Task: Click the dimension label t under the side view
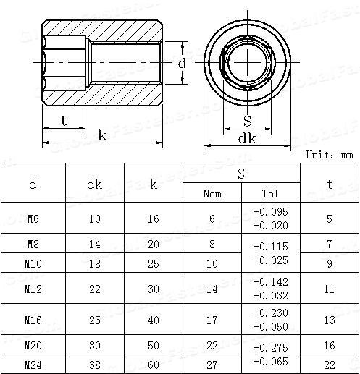point(64,121)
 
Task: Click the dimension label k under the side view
point(102,135)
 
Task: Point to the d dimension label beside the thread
point(182,63)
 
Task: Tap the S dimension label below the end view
point(248,121)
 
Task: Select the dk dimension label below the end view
point(247,139)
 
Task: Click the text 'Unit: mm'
point(330,155)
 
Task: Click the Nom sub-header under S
point(212,194)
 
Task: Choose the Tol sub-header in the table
point(270,194)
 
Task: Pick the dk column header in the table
point(94,184)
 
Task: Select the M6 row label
point(33,218)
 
